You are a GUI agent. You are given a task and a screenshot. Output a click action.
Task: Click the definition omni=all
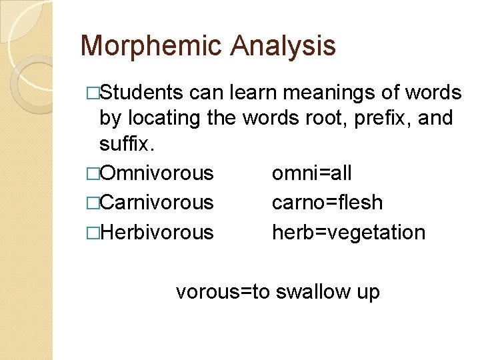click(311, 173)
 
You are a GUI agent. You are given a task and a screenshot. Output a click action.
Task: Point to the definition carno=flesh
click(327, 202)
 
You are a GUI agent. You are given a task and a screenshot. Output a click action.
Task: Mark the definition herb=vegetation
click(348, 232)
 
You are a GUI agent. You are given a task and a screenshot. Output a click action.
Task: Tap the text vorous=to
click(223, 291)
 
